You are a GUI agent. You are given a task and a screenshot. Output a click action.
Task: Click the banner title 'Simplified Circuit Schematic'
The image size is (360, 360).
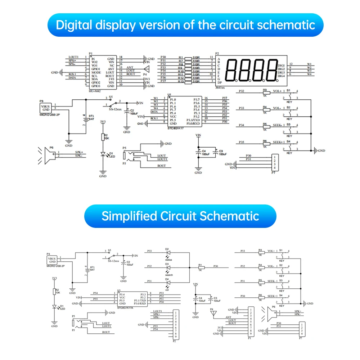click(180, 216)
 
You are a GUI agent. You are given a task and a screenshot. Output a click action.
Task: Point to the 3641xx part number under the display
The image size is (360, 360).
click(220, 87)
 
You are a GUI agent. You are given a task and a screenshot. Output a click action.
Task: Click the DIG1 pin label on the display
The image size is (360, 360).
click(281, 65)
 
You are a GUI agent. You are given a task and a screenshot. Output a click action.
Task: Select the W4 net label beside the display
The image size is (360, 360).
click(309, 75)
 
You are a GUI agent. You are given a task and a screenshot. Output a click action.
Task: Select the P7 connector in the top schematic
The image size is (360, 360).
click(275, 162)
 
